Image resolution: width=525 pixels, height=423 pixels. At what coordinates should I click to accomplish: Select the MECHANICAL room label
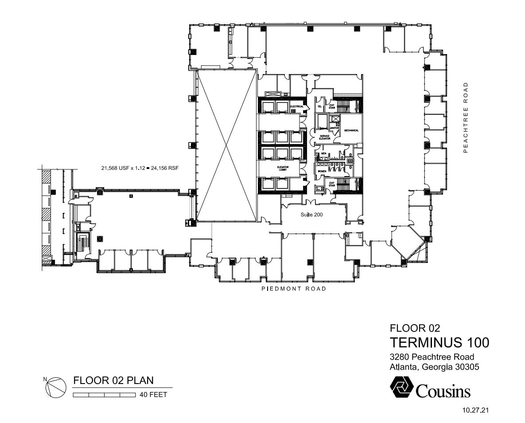(351, 130)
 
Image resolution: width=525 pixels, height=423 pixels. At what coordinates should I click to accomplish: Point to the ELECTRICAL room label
(296, 107)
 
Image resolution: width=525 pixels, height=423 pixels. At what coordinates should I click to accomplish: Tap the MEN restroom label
(323, 153)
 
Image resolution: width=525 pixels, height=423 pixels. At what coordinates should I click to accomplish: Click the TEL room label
(319, 106)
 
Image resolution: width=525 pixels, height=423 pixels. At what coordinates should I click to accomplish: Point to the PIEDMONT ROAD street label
(294, 289)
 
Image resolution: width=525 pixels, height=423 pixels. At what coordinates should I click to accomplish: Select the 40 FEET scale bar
(104, 395)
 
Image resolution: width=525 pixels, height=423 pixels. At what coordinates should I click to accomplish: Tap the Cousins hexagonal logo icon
(401, 387)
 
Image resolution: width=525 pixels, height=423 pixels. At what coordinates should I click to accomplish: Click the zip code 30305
(466, 367)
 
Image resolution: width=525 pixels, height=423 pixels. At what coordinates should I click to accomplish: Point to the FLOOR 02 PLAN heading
(113, 380)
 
